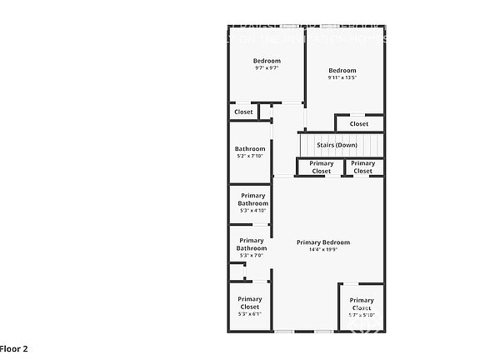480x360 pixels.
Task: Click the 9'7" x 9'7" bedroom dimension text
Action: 267,68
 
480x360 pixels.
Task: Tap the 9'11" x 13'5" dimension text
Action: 342,78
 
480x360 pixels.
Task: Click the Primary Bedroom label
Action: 323,242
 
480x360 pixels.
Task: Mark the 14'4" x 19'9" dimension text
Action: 323,250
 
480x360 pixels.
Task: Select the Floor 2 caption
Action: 14,348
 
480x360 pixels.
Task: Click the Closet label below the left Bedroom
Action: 243,112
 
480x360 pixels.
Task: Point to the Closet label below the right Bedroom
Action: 358,124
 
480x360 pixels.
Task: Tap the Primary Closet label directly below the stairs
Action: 322,167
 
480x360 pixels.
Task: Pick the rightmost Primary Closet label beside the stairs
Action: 362,167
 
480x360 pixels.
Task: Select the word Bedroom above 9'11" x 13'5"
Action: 342,70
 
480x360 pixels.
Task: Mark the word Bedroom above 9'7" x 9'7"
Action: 267,61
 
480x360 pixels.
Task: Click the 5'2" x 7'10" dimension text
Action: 250,156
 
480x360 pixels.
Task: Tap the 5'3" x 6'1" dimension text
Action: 249,314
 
